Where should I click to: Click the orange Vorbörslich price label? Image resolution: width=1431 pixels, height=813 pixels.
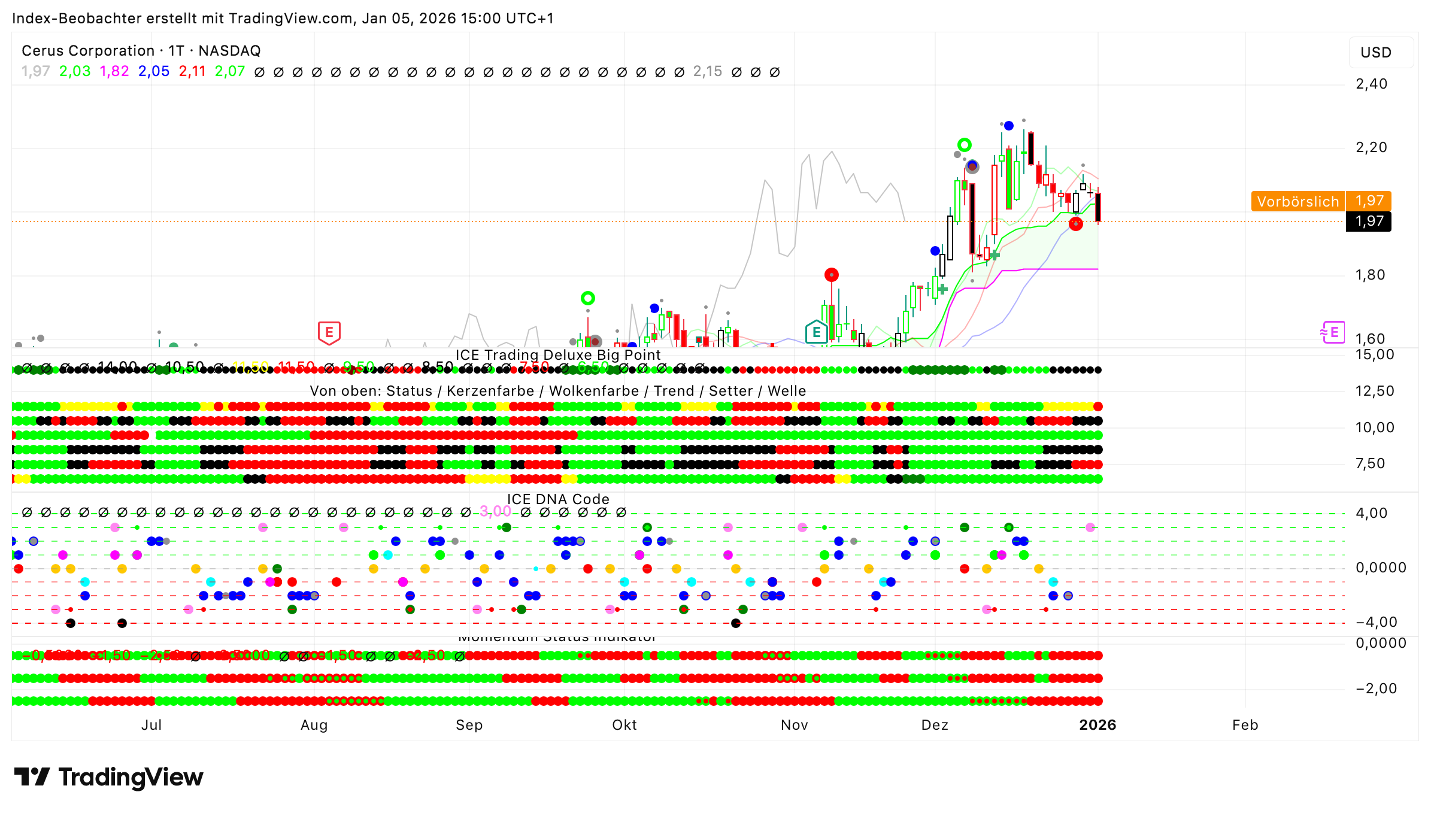pos(1297,201)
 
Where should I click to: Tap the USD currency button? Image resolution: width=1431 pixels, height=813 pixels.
pos(1375,53)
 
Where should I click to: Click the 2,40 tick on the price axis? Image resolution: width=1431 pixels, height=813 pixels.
pos(1371,84)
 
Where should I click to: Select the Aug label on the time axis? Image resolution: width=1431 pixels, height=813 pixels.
pos(314,725)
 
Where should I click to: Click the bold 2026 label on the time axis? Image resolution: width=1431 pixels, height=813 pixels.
pos(1097,725)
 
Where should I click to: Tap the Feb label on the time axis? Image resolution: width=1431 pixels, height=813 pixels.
pos(1245,725)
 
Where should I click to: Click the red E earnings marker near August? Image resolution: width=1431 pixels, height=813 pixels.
pos(329,332)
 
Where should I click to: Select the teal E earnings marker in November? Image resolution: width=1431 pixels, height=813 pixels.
pos(816,332)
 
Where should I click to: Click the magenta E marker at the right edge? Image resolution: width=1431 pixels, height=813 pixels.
pos(1333,332)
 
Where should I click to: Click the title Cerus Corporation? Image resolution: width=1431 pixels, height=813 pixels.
pos(88,51)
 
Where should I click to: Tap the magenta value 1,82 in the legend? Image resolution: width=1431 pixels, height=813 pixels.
pos(114,71)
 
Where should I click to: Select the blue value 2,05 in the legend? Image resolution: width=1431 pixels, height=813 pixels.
pos(154,71)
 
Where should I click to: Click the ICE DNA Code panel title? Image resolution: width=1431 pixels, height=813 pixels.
pos(558,499)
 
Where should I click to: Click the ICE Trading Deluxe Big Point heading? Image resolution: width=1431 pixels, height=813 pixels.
pos(558,355)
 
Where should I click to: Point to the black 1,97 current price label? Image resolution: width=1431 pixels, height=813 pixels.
pos(1369,222)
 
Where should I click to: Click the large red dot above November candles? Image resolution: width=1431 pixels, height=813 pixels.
pos(831,275)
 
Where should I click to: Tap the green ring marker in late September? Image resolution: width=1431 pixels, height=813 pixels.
pos(587,298)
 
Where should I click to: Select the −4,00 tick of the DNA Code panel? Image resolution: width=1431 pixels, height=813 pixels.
pos(1376,622)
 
